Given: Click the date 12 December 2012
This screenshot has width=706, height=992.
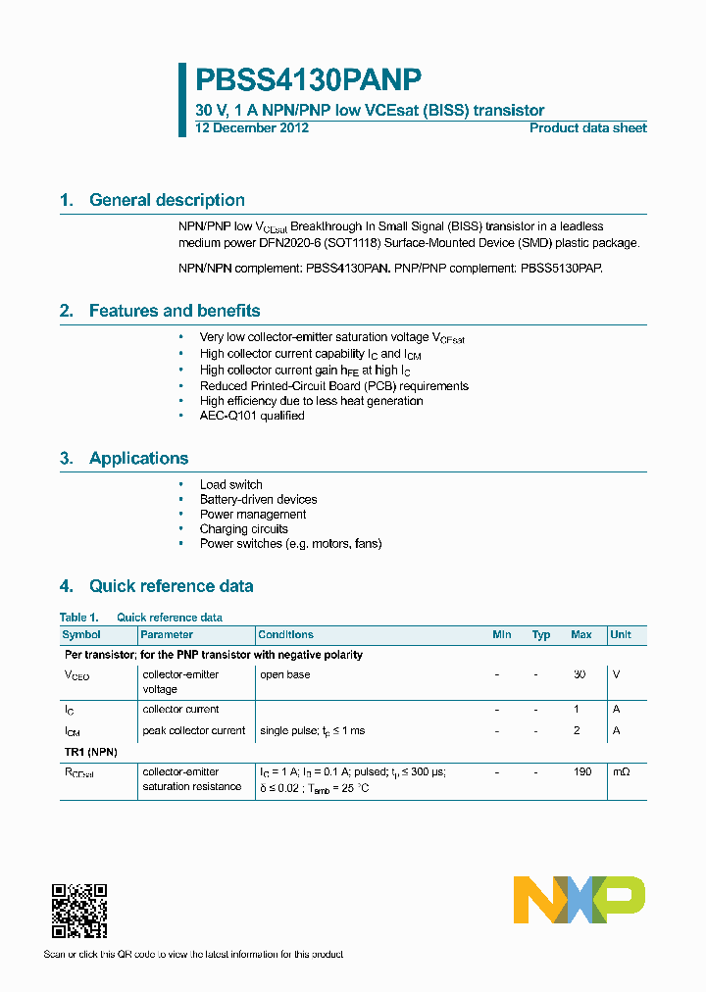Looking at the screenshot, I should [x=252, y=128].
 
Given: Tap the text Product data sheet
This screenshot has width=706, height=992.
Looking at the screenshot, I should [x=587, y=128].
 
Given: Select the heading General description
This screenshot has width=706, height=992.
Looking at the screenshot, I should [x=167, y=200].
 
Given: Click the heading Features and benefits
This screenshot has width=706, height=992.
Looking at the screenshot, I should [x=175, y=311].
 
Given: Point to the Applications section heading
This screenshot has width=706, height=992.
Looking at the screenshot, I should [x=138, y=459].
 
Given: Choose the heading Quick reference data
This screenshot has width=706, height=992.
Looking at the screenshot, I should [x=171, y=586].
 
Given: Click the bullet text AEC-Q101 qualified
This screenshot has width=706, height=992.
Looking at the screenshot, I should [x=252, y=416].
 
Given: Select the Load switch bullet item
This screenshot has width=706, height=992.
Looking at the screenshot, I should [x=230, y=484].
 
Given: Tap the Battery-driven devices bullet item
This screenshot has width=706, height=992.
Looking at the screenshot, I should [x=258, y=499].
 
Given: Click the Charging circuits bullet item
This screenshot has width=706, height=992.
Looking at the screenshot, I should [x=243, y=528].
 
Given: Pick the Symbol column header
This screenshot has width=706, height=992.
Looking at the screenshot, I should [x=81, y=635].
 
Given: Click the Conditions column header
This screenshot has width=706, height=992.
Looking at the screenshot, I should [x=285, y=635].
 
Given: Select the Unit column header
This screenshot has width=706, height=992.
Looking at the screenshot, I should [x=620, y=635].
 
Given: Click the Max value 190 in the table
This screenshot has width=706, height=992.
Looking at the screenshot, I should [x=581, y=772].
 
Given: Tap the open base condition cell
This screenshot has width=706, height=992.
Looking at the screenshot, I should [x=284, y=675].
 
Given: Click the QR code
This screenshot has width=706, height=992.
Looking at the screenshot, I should [x=78, y=911].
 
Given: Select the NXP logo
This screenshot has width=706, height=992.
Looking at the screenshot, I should [x=579, y=900].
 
